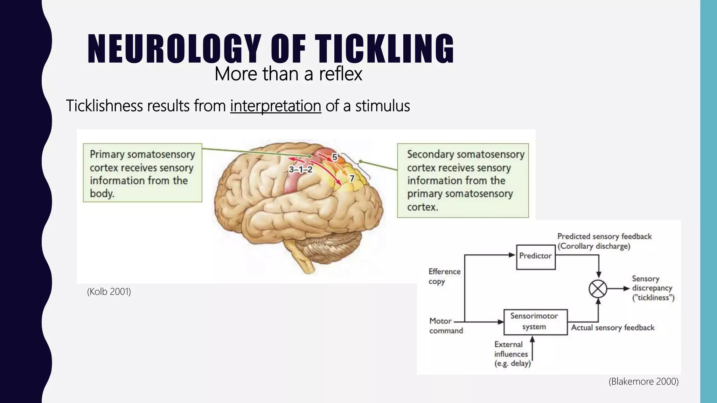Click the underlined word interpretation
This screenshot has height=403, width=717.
click(x=276, y=106)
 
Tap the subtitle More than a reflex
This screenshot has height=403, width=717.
click(x=288, y=74)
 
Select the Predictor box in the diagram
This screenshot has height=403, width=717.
click(x=536, y=257)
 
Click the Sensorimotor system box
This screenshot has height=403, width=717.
click(x=535, y=322)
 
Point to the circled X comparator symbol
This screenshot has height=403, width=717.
click(x=598, y=289)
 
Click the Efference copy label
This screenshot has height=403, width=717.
click(x=444, y=276)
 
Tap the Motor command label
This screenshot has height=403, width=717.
click(x=446, y=326)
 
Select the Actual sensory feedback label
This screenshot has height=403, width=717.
click(x=613, y=328)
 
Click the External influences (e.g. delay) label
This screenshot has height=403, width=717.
click(x=512, y=354)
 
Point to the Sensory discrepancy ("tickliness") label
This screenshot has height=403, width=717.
click(x=653, y=288)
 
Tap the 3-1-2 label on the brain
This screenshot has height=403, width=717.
click(x=300, y=170)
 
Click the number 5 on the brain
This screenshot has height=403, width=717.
click(x=335, y=157)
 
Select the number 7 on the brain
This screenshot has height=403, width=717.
click(x=352, y=178)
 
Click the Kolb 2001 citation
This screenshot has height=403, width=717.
click(x=109, y=291)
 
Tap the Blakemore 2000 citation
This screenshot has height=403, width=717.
click(x=643, y=381)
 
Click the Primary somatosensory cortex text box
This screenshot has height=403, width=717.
click(x=142, y=173)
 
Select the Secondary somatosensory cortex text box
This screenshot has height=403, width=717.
click(x=463, y=181)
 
